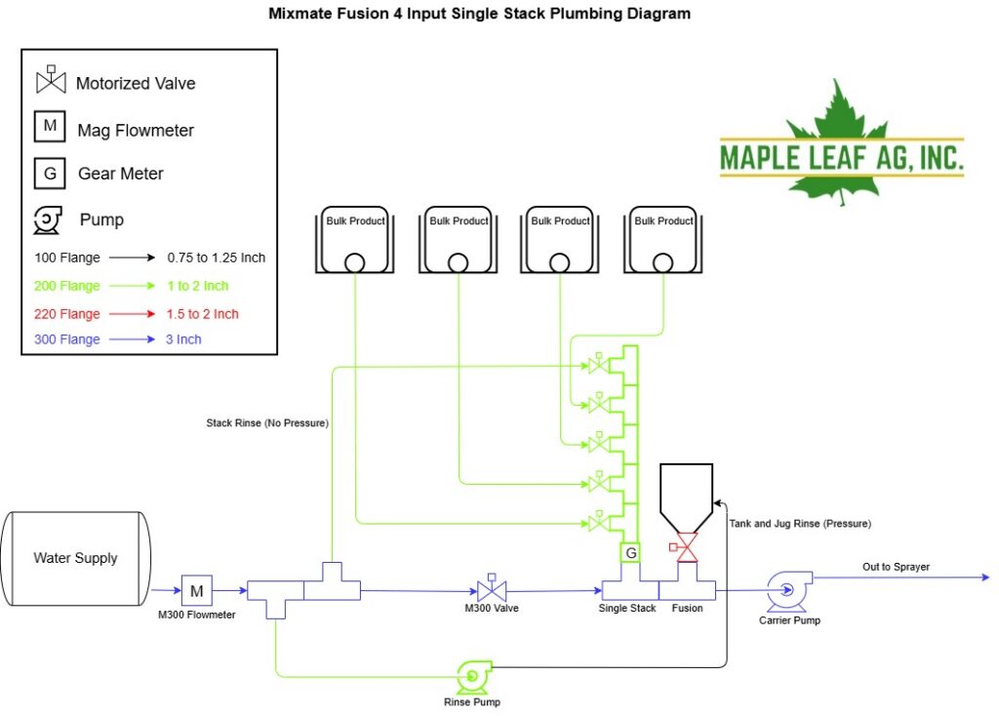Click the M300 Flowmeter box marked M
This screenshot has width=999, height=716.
coord(196,590)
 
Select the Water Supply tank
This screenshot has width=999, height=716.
coord(76,558)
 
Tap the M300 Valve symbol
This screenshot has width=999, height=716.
coord(492,588)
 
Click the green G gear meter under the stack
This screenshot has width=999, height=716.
coord(630,552)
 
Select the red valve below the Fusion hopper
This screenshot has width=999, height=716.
coord(684,547)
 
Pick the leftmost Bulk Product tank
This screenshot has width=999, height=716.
coord(355,240)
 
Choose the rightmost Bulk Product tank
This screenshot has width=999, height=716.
coord(662,240)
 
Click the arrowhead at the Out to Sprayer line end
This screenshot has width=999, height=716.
coord(986,577)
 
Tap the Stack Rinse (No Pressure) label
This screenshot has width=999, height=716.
coord(267,423)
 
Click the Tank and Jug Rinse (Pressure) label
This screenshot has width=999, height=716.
coord(800,524)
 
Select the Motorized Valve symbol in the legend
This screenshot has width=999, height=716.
coord(51,80)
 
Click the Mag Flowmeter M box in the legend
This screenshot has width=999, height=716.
coord(50,126)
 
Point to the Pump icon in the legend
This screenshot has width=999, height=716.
coord(48,219)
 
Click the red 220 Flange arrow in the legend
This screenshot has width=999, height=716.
coord(132,313)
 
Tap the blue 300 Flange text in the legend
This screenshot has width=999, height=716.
coord(67,339)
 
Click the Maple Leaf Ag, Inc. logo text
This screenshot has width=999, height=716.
coord(841,157)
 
